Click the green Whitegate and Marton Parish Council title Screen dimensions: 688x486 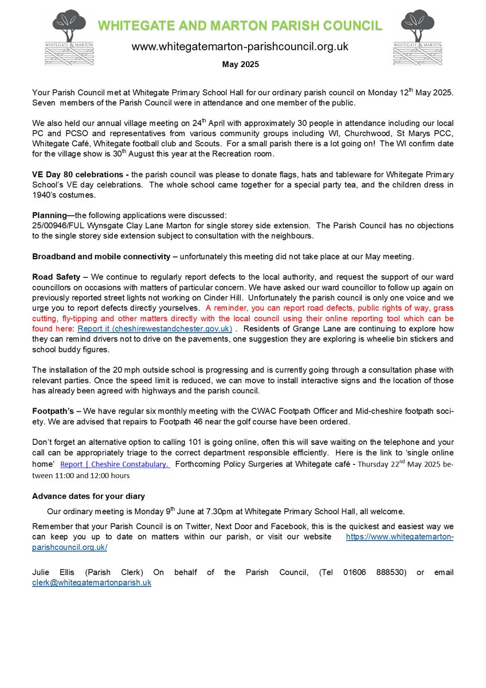240,26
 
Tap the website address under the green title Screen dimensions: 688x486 240,46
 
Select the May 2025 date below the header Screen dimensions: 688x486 240,64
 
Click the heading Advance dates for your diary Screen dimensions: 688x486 88,496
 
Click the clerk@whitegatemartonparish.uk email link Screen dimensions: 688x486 92,583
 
